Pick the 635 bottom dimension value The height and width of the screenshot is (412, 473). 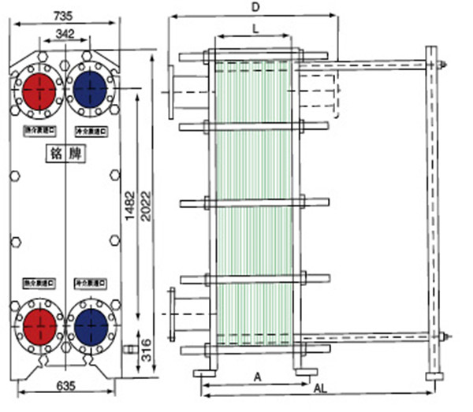tap(63, 386)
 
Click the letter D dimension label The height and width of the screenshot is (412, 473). tap(254, 7)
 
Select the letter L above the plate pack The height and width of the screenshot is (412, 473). tap(254, 28)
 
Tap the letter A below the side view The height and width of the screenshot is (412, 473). tap(257, 377)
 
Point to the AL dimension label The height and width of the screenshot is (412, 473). tap(321, 389)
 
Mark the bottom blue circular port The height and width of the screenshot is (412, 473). tap(89, 324)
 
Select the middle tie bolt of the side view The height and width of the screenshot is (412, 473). tap(252, 203)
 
